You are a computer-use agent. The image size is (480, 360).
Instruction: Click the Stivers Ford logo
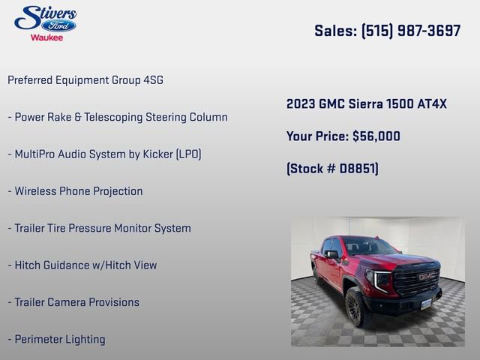(x=46, y=18)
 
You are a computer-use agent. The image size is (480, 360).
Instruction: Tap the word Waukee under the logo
(x=46, y=37)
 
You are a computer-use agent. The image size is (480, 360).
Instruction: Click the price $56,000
(x=376, y=136)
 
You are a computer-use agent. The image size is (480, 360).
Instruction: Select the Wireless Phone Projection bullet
(x=75, y=191)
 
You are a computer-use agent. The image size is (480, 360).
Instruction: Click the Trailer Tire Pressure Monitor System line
(x=99, y=228)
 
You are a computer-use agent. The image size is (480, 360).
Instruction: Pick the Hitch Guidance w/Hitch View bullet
(x=82, y=265)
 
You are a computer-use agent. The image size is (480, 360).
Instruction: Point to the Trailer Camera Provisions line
(x=73, y=302)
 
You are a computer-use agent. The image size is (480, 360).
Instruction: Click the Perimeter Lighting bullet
(x=56, y=340)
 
